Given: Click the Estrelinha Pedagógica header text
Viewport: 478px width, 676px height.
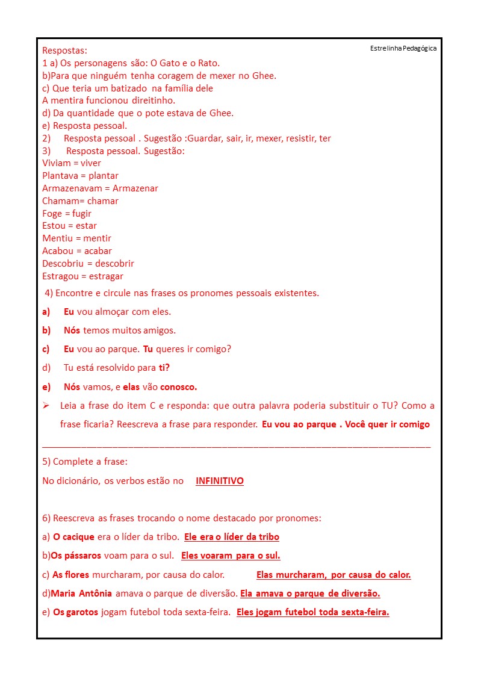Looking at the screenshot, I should pos(403,48).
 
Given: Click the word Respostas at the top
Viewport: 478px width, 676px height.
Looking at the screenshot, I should pos(64,51).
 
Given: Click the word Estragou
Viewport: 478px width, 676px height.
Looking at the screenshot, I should pos(61,276).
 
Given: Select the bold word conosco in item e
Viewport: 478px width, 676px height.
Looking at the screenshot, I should pos(178,387).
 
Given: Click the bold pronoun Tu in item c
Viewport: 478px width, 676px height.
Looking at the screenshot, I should pos(148,349).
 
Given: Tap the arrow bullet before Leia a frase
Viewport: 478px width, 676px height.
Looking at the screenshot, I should pos(46,406).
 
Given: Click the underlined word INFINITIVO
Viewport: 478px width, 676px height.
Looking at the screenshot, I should pos(220,481).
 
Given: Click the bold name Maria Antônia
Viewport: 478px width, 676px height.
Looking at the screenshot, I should pos(81,594).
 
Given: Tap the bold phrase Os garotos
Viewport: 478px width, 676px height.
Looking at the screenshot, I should pos(75,613).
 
